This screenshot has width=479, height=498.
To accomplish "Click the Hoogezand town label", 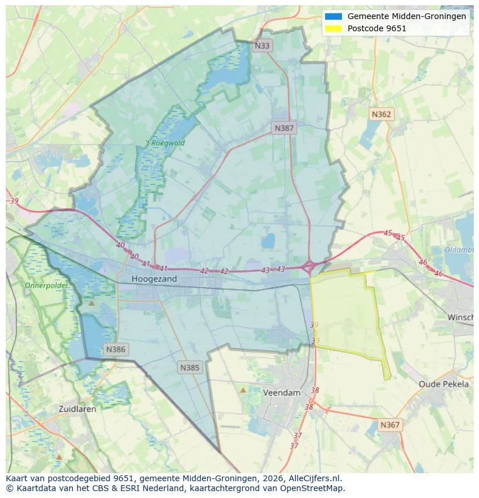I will click(x=154, y=279).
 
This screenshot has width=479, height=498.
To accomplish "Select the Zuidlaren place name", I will click(x=78, y=408).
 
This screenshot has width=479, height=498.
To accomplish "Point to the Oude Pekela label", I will click(x=444, y=384).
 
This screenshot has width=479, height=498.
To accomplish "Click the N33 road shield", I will click(x=262, y=46).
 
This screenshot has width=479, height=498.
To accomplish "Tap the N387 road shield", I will click(x=284, y=128).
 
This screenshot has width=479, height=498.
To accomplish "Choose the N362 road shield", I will click(x=381, y=115).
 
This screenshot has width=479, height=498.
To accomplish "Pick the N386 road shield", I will click(x=116, y=349).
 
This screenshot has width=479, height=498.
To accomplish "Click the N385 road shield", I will click(x=190, y=367).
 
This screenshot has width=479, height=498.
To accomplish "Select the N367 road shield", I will click(x=390, y=425).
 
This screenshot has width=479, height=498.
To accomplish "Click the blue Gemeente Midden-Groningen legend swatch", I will click(x=334, y=17).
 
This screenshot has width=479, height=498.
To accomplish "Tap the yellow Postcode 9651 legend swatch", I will click(x=334, y=28).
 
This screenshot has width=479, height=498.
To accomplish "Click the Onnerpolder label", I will click(x=46, y=286).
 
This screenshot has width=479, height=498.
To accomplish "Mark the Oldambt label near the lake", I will click(x=459, y=250).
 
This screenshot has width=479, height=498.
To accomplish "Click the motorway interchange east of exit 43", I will click(x=309, y=266).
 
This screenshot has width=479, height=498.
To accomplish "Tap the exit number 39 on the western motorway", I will click(x=14, y=201).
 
